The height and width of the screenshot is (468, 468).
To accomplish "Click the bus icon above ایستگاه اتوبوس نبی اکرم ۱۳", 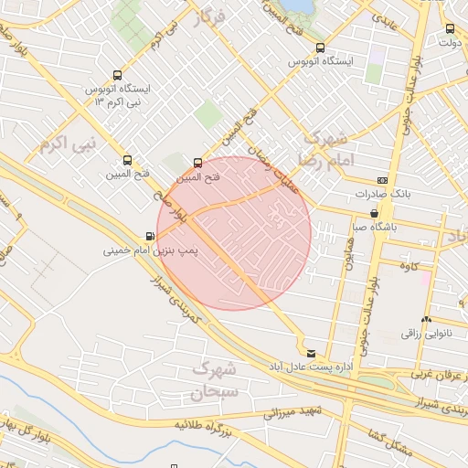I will click(116, 76).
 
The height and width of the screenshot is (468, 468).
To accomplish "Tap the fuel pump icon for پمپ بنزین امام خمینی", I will click(150, 236).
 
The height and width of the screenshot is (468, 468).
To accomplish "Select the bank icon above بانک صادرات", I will click(381, 181).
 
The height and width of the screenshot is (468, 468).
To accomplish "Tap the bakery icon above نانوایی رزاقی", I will click(426, 319).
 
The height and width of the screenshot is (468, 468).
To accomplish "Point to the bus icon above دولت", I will click(449, 28).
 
